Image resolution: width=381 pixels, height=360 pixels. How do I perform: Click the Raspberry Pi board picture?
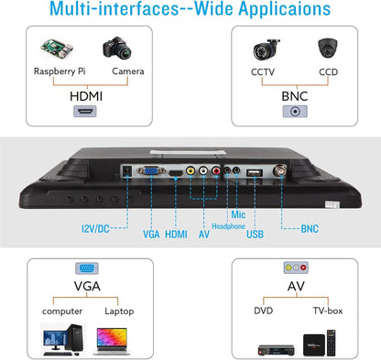57,49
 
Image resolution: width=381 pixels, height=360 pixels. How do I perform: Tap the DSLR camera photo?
117,49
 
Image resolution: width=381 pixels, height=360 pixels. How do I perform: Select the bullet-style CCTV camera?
266,49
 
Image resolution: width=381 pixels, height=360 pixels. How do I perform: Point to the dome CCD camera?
328,48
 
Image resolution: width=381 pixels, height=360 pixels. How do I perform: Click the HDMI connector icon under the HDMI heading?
85,112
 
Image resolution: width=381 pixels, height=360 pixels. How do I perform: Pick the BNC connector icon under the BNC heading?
295,112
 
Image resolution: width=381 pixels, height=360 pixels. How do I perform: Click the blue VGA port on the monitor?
151,170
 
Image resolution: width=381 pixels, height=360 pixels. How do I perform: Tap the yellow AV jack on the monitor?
190,170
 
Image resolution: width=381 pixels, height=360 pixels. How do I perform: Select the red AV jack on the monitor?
216,170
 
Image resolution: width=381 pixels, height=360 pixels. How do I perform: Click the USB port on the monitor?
255,173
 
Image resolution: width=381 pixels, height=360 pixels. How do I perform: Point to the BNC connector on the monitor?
280,170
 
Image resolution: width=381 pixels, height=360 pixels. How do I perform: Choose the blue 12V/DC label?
95,228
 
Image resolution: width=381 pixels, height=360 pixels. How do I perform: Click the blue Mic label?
238,214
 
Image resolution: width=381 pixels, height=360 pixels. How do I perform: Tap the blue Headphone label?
228,226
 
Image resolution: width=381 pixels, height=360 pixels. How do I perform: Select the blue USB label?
255,235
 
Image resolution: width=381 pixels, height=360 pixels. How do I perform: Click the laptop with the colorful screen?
112,341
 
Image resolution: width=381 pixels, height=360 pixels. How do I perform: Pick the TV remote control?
331,343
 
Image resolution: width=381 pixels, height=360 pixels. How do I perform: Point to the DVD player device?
277,350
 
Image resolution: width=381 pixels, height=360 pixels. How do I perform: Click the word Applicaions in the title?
285,8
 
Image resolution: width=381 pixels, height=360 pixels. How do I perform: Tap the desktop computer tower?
74,338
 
